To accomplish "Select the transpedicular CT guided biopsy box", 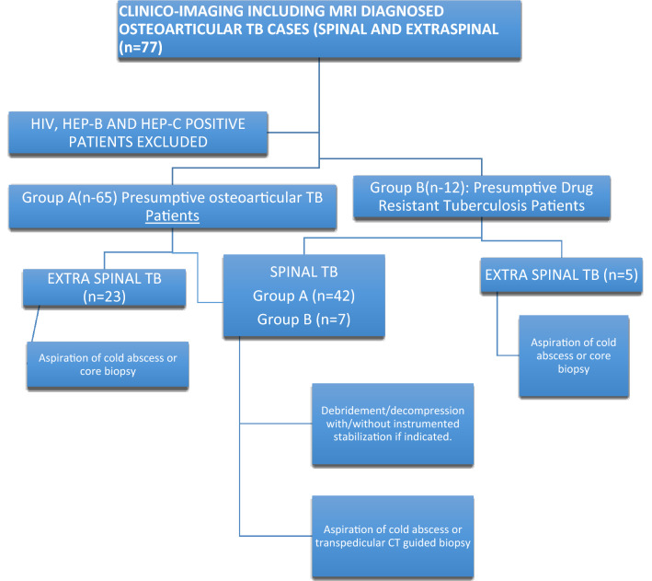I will click(x=393, y=533).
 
